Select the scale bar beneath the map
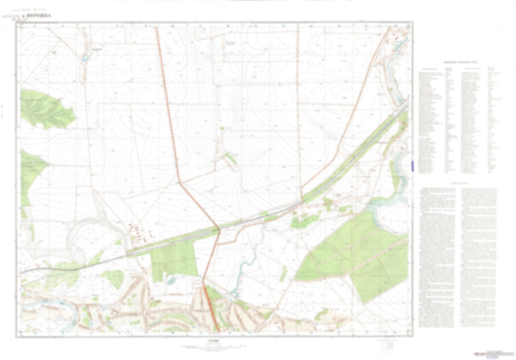tap(213, 346)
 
